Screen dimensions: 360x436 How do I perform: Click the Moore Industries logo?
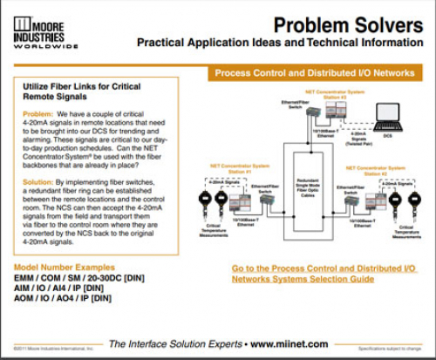(x=44, y=28)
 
